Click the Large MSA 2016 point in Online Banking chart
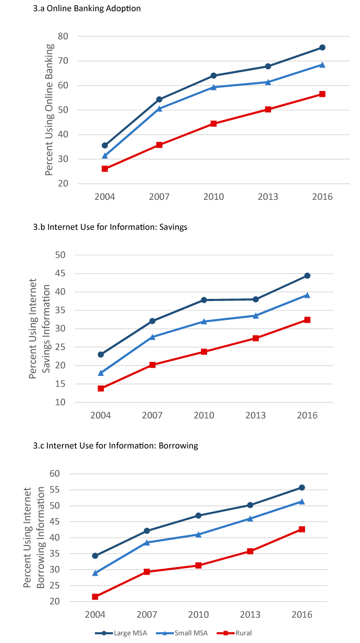pyautogui.click(x=322, y=47)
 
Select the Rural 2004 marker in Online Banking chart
pyautogui.click(x=105, y=169)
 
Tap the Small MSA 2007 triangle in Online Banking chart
pyautogui.click(x=160, y=108)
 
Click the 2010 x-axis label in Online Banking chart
pyautogui.click(x=213, y=197)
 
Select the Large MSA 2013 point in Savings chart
pyautogui.click(x=256, y=299)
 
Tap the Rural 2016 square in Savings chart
pyautogui.click(x=307, y=320)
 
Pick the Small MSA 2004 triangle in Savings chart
pyautogui.click(x=101, y=373)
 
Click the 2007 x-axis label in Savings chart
pyautogui.click(x=153, y=416)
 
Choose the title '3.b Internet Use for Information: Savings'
pyautogui.click(x=110, y=227)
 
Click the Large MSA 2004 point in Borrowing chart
pyautogui.click(x=95, y=556)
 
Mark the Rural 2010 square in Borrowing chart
pyautogui.click(x=199, y=565)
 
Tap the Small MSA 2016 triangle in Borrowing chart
pyautogui.click(x=302, y=501)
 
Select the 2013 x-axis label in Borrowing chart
pyautogui.click(x=251, y=615)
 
